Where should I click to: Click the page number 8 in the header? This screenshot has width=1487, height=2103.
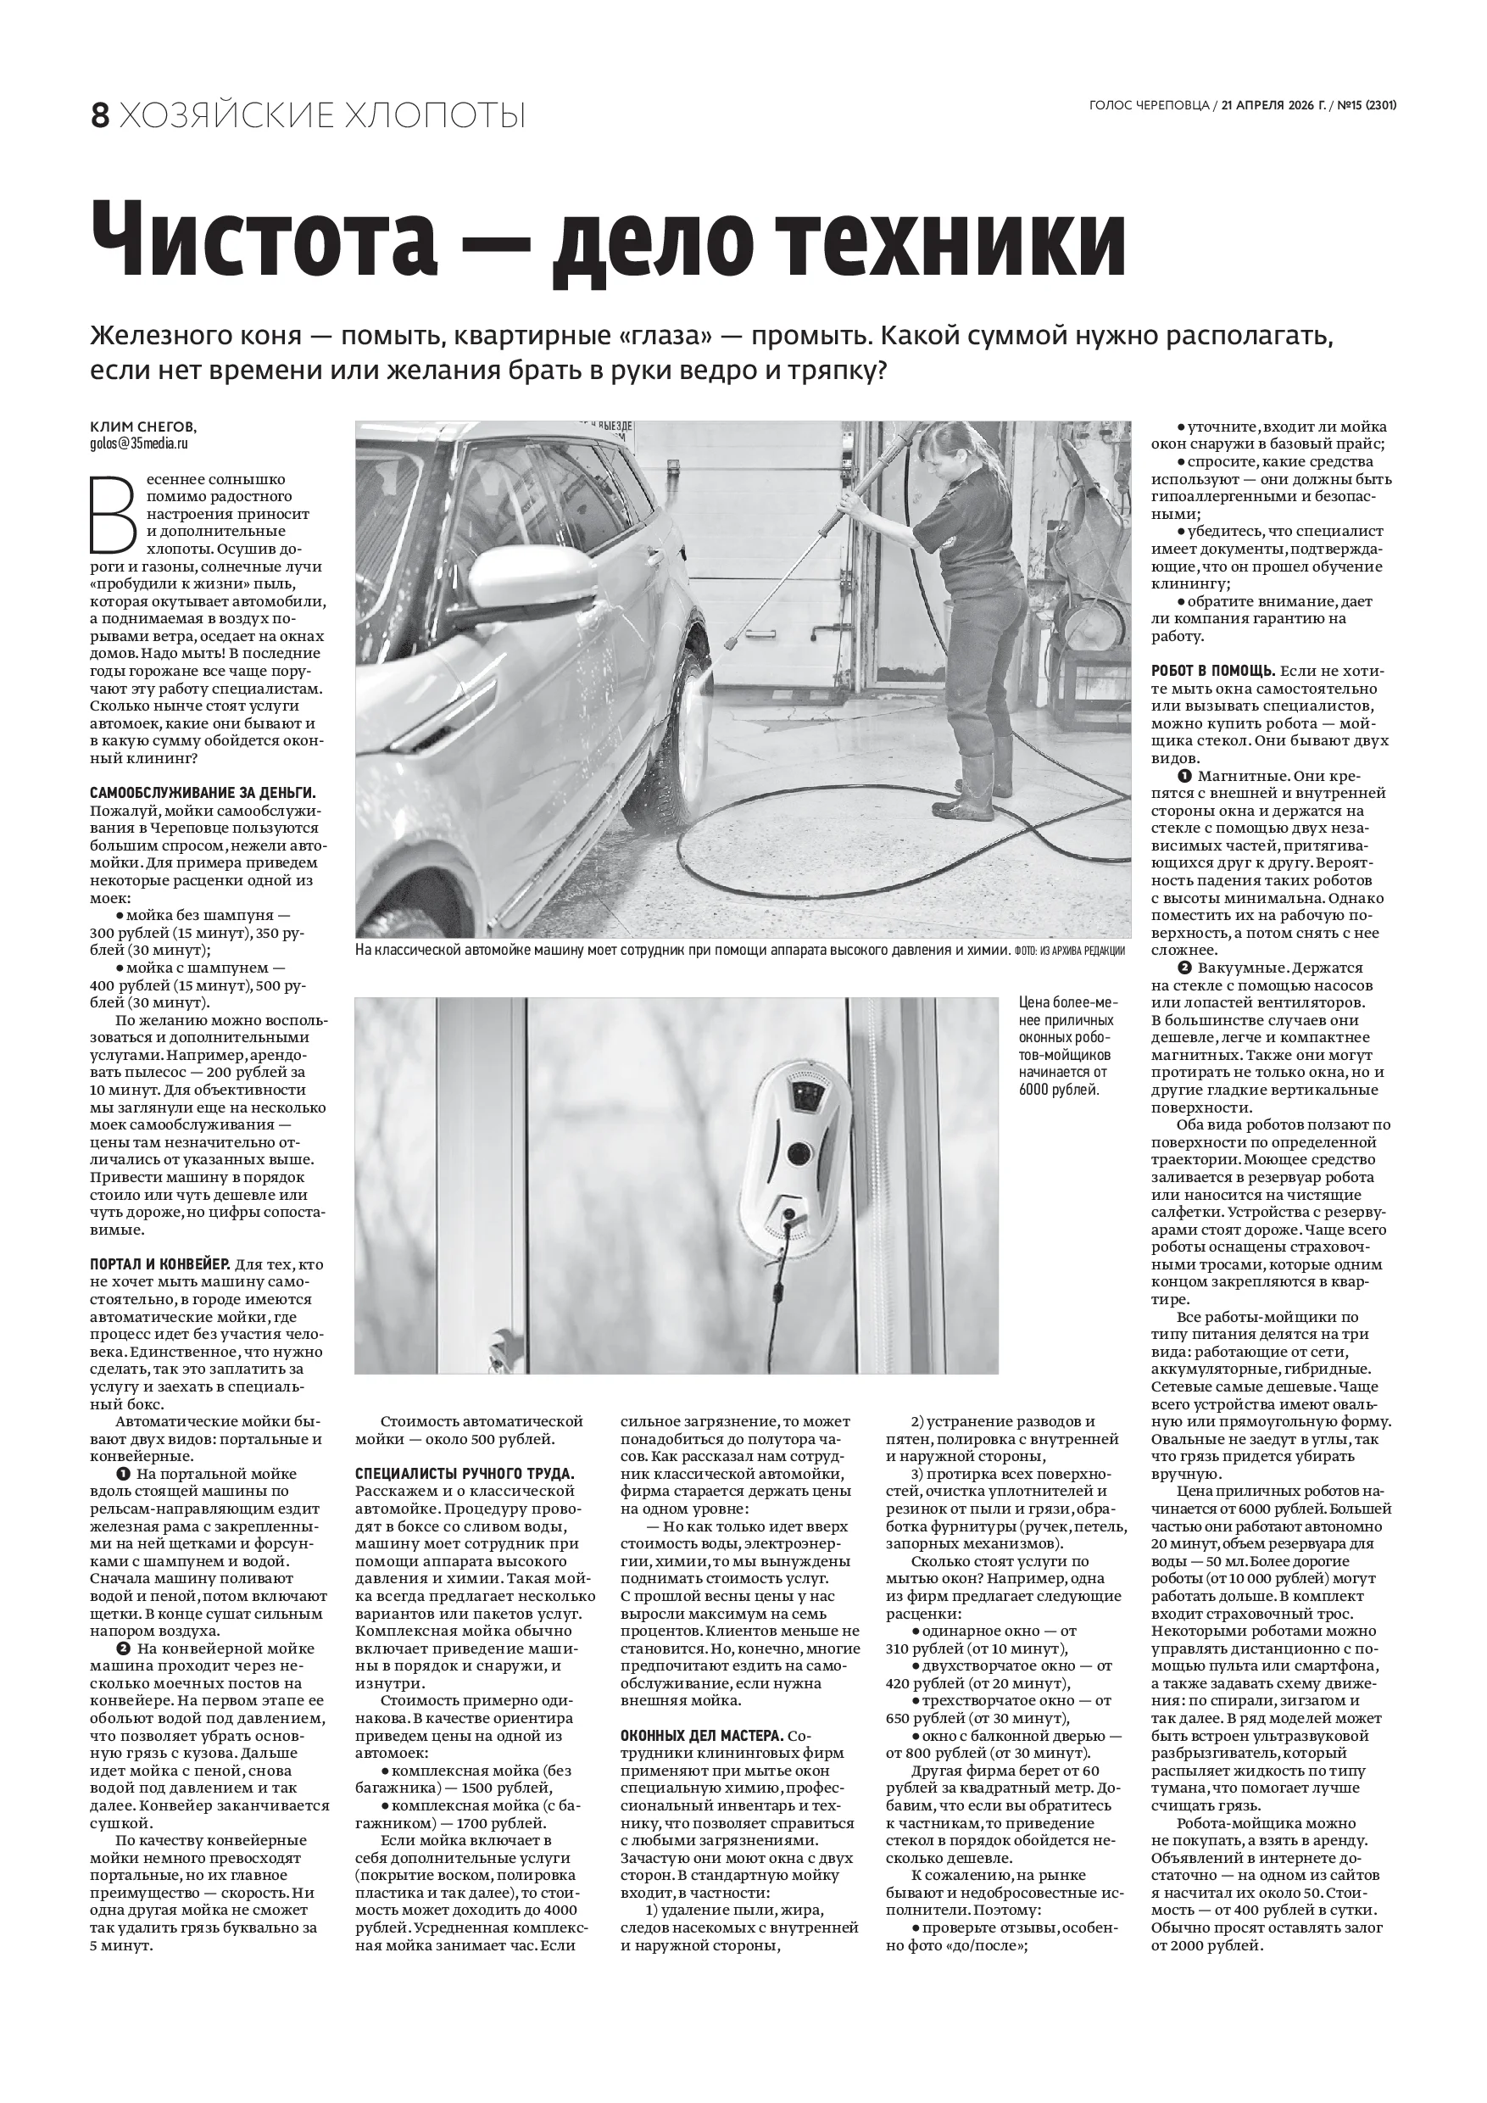tap(100, 116)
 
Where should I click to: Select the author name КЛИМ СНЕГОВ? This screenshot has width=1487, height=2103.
tap(142, 427)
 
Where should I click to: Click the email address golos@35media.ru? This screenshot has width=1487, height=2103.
tap(139, 443)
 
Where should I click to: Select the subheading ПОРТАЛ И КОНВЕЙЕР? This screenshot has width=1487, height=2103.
tap(160, 1264)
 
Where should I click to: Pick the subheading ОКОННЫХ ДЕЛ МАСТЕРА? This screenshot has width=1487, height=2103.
tap(702, 1736)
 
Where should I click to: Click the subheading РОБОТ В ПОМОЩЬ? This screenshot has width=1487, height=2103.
tap(1211, 672)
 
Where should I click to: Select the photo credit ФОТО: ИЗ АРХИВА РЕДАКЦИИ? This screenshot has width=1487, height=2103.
tap(1068, 951)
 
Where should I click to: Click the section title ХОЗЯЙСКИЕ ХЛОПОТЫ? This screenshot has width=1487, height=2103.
tap(322, 116)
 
